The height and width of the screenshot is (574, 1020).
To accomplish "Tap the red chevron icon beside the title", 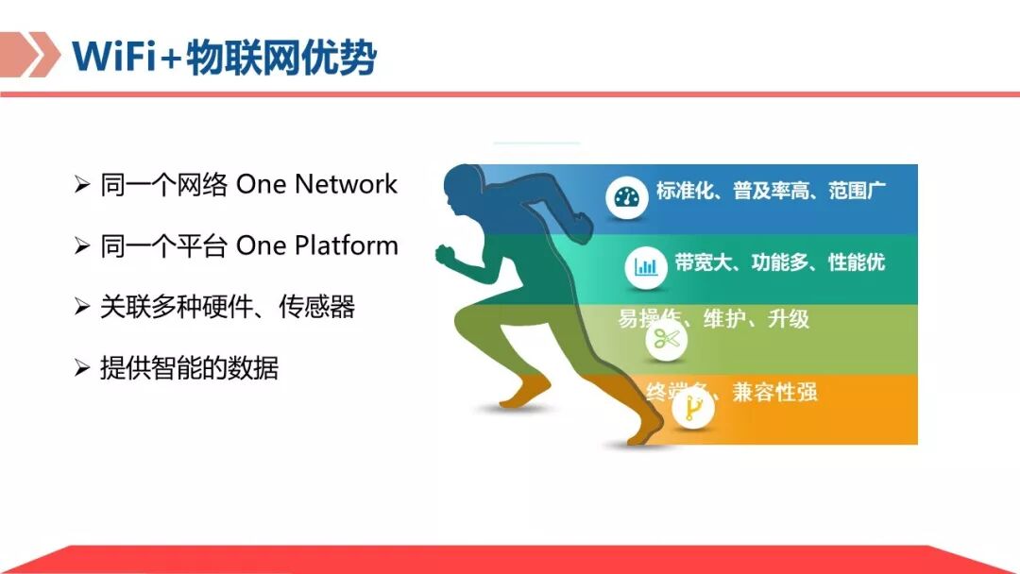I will [28, 55].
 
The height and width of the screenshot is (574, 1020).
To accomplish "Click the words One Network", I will [316, 184].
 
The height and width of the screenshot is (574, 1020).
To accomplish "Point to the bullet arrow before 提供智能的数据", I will [82, 368].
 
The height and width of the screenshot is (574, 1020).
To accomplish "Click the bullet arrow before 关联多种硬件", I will [82, 307].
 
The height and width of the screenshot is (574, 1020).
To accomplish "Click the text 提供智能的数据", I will [189, 368].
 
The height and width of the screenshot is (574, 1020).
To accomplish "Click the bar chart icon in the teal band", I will [647, 266].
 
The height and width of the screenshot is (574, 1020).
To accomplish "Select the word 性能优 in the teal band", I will [857, 262].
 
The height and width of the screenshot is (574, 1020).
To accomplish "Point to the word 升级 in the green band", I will [789, 318].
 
